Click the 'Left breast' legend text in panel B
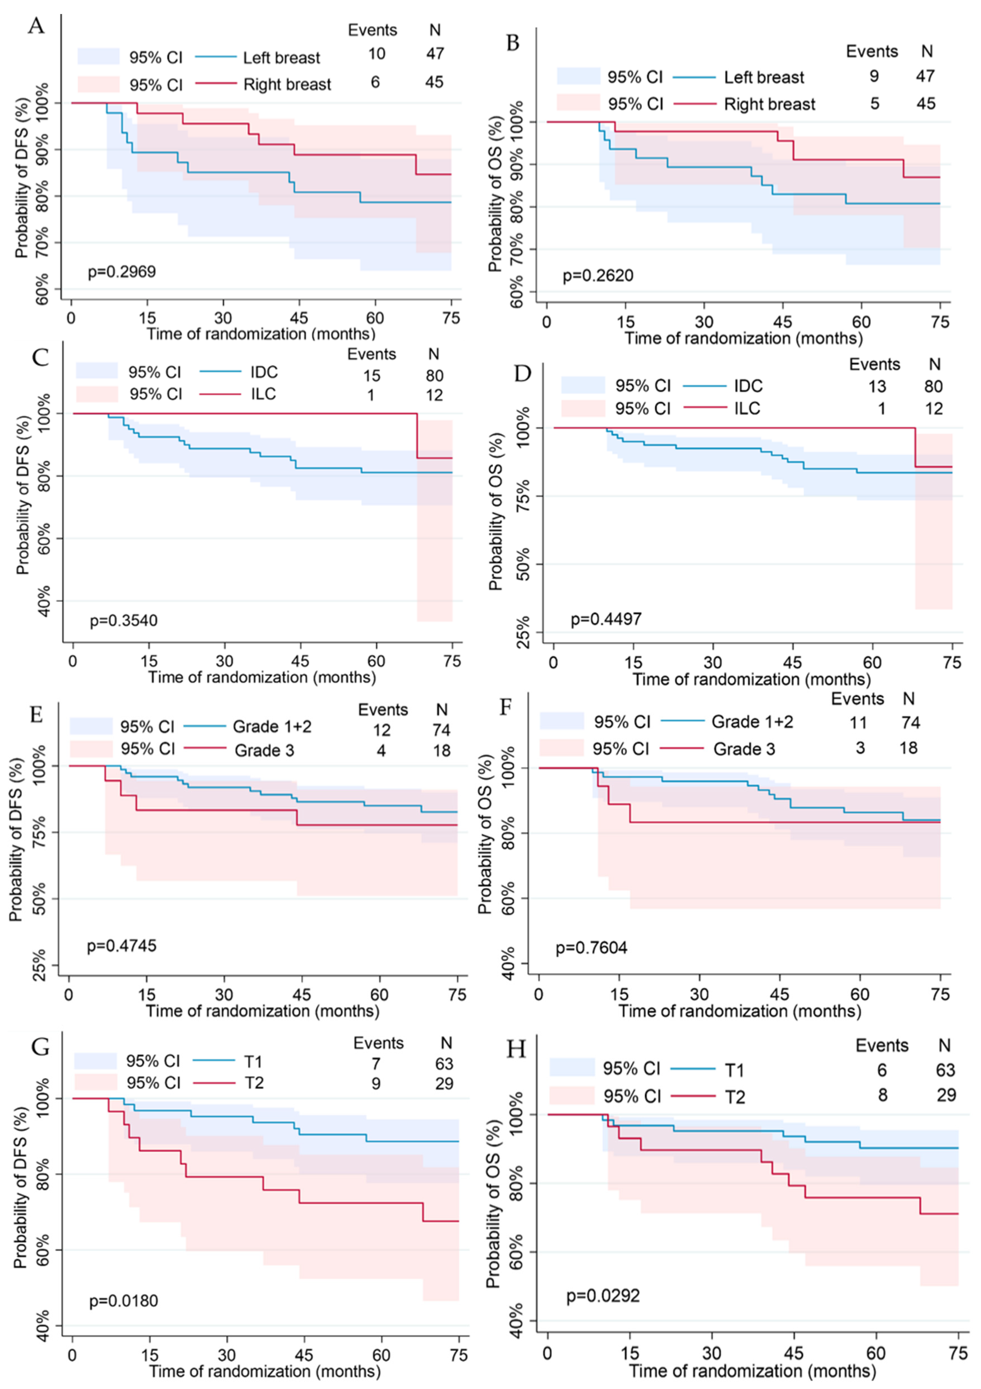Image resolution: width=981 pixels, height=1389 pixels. point(764,77)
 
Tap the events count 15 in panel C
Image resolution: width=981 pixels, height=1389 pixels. point(372,376)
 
